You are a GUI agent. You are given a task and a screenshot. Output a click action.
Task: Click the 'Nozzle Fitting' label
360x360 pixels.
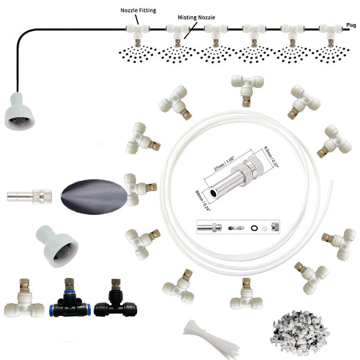point(138,10)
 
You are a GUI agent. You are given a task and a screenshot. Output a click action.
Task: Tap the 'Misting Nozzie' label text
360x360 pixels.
point(196,17)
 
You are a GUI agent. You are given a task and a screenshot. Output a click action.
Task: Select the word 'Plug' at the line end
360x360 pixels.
point(351,25)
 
